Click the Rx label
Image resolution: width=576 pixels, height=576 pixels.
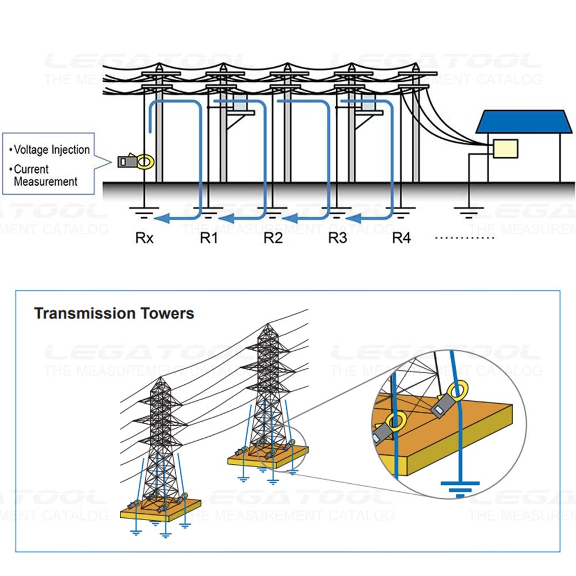point(145,237)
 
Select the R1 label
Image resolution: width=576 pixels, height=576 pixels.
point(209,237)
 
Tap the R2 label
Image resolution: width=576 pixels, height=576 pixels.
point(274,237)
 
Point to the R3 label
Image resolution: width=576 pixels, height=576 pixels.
point(338,237)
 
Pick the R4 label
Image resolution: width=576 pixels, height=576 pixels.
point(401,237)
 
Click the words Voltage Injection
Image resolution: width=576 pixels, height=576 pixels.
point(52,150)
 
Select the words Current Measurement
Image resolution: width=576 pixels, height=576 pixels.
point(46,176)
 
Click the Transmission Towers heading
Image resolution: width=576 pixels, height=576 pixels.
point(114,314)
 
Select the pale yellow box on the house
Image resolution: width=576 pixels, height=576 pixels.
point(505,149)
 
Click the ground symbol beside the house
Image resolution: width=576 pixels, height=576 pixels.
point(469,214)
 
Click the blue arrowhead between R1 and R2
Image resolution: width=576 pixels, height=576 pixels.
point(228,218)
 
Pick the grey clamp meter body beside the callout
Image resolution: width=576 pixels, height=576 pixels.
point(126,162)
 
